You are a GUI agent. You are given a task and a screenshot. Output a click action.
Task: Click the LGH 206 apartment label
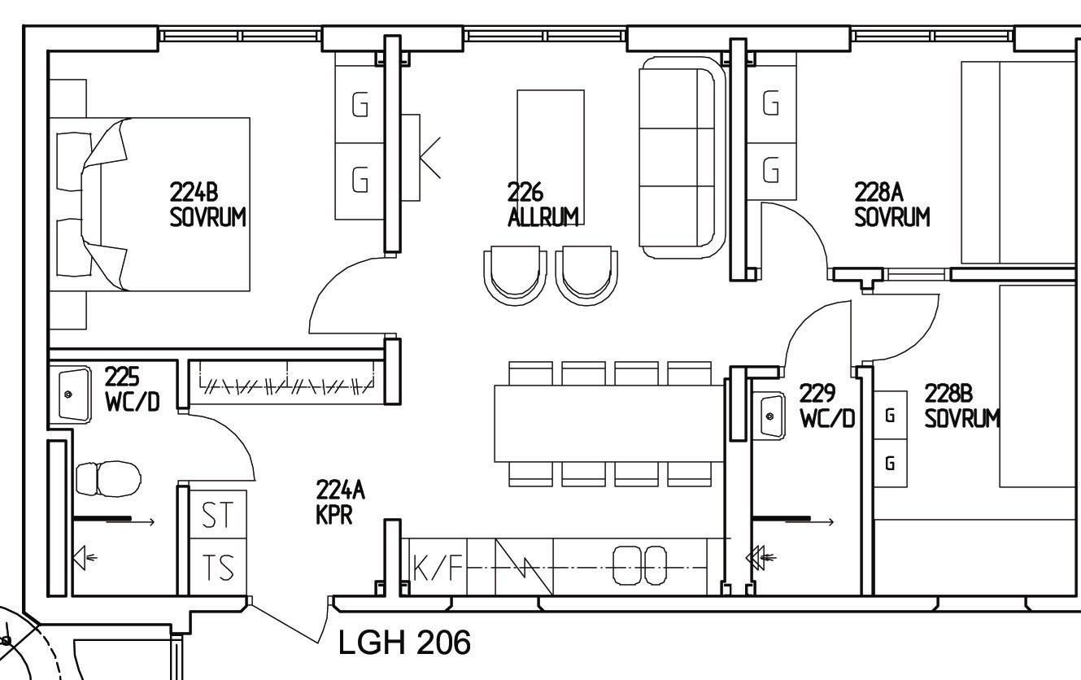pos(404,643)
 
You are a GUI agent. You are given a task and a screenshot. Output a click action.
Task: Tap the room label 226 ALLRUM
pos(543,205)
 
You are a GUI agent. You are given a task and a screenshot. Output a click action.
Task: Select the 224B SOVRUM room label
pos(207,205)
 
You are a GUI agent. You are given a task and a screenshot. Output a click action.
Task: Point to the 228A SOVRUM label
pos(891,205)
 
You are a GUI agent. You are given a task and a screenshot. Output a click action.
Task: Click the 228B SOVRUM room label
pos(962,407)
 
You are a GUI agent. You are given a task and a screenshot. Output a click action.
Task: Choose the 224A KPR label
pos(340,503)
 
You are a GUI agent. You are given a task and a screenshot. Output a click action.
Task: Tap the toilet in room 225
pos(108,479)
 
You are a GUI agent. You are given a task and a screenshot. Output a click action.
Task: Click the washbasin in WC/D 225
pos(74,394)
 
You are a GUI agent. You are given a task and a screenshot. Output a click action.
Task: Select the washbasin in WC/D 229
pos(769,416)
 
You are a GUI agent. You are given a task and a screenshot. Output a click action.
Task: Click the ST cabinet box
pos(218,514)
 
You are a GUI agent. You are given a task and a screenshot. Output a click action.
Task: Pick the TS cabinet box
pos(218,567)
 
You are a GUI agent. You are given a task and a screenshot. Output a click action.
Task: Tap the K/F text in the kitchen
pos(438,567)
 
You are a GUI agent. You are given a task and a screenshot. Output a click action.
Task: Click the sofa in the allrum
pos(682,158)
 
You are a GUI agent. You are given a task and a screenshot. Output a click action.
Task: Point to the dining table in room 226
pos(609,423)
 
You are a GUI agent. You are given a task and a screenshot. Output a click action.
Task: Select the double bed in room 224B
pos(150,204)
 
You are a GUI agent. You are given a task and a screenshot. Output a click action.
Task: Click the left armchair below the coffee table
pos(516,275)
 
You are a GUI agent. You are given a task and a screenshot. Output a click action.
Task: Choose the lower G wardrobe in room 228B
pos(891,463)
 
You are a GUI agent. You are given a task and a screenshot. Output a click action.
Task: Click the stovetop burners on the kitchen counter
pos(639,565)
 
